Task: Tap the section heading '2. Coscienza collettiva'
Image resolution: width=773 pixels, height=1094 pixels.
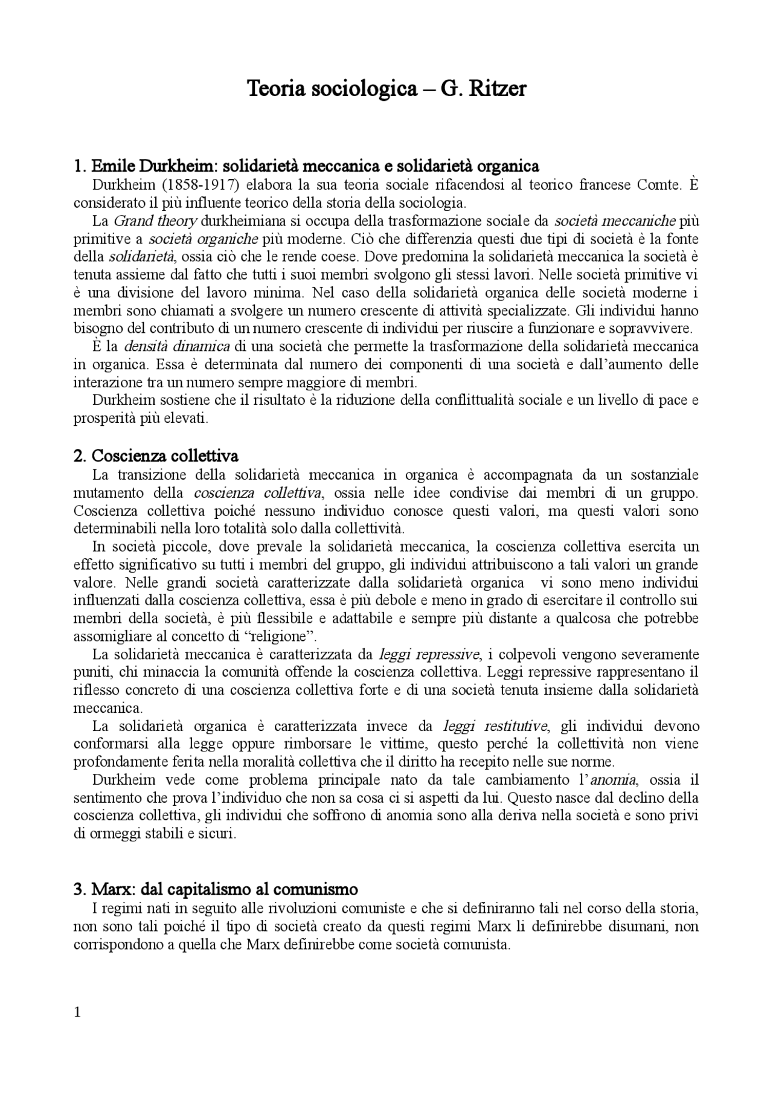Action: (156, 455)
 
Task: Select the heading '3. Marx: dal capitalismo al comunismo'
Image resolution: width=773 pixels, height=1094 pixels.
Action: (216, 889)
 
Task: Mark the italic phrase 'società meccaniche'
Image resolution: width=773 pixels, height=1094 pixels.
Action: (614, 220)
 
